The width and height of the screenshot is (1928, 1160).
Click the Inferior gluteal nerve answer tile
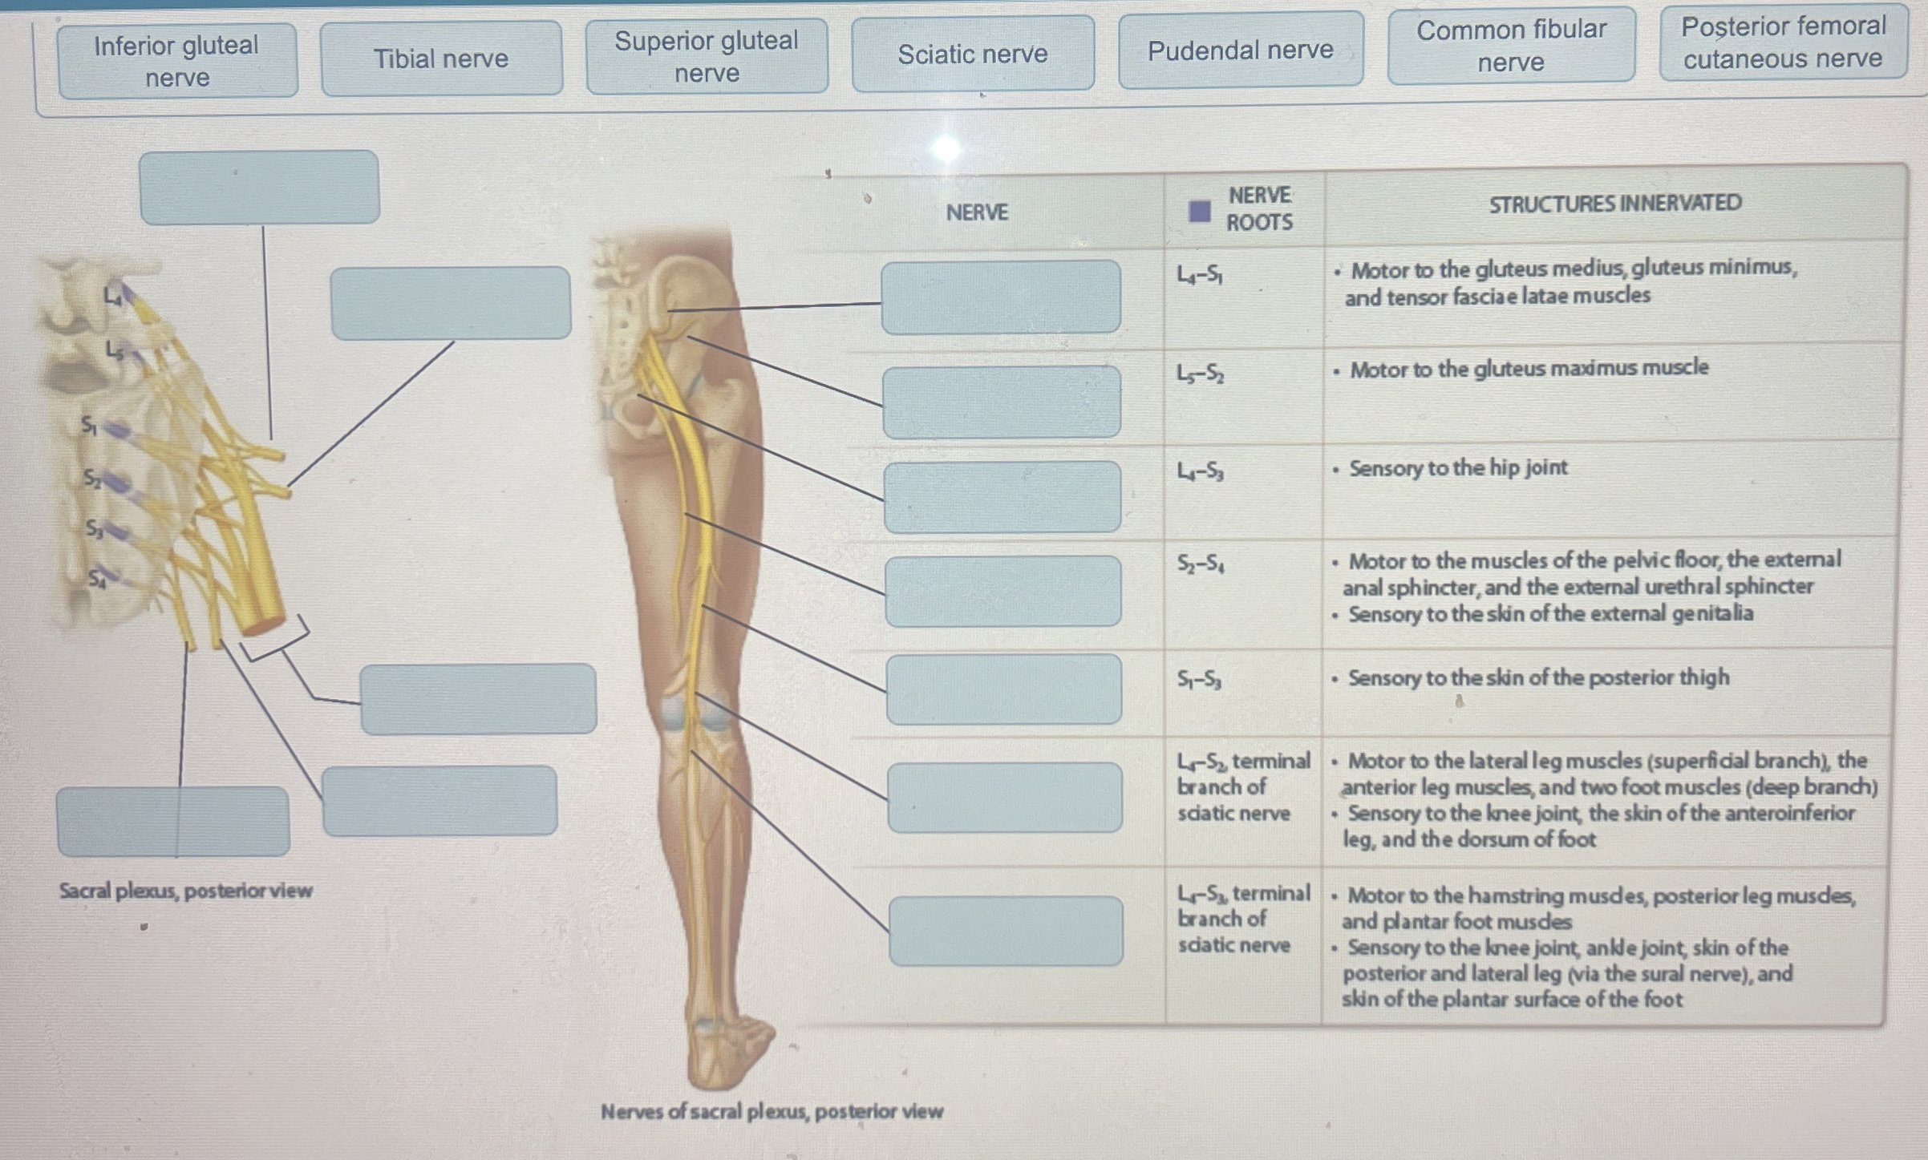(177, 61)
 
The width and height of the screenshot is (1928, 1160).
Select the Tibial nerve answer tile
(441, 59)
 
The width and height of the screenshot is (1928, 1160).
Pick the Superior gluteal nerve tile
(707, 56)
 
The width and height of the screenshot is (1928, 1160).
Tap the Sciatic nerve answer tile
(972, 54)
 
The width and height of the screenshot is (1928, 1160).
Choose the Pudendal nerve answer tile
(1240, 51)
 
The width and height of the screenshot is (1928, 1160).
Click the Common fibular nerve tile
(1511, 46)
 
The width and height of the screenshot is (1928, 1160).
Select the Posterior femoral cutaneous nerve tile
(1783, 42)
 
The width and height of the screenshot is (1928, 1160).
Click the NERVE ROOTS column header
(1258, 208)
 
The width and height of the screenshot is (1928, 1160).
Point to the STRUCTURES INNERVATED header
(1614, 204)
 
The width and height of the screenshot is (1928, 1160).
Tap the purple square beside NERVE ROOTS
(1199, 212)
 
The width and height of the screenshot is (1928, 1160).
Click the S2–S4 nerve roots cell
(1201, 564)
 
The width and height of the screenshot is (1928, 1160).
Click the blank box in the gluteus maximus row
(1002, 402)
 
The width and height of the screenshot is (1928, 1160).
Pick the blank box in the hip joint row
(1002, 497)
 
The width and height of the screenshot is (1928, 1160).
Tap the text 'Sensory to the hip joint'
(1457, 468)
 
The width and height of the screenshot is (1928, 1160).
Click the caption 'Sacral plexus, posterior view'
(185, 891)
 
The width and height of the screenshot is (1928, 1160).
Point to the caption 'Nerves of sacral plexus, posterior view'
(772, 1112)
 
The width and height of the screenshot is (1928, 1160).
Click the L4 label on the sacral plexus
(113, 297)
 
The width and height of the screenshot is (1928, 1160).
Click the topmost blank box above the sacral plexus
(259, 188)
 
